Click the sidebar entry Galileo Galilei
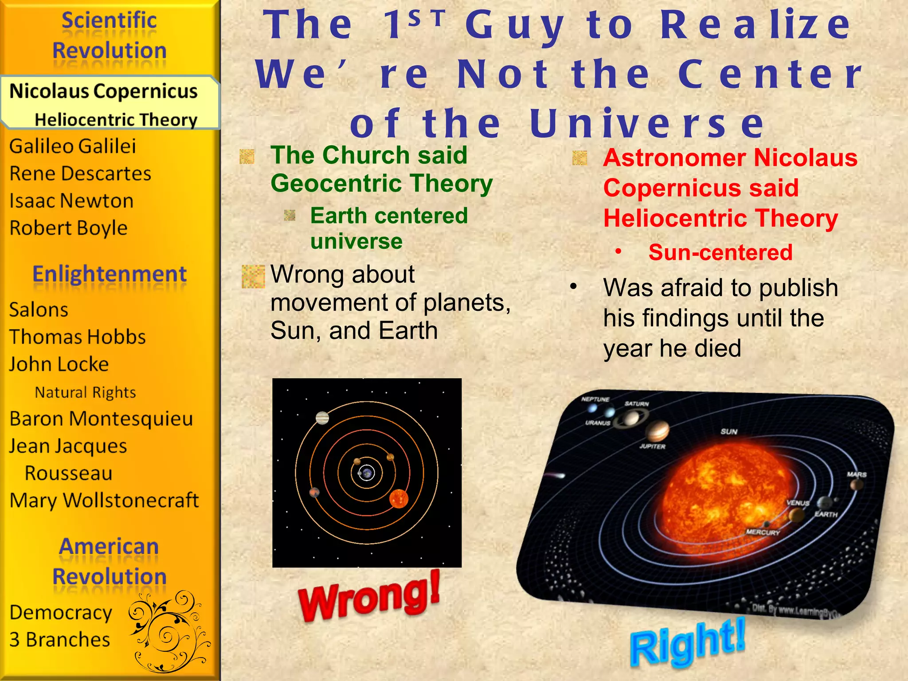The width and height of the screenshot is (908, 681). pos(73,146)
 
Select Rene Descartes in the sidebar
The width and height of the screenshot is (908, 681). pos(80,173)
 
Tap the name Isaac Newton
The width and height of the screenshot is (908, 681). pos(71,201)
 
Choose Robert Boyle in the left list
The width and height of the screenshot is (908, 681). pos(69,228)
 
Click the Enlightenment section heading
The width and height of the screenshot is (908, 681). pos(110,274)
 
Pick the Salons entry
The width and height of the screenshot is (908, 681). pos(39,309)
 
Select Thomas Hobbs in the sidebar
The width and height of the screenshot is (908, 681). pos(78,337)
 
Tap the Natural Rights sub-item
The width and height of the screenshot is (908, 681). pos(85,392)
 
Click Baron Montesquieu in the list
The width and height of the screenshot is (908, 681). pos(101,419)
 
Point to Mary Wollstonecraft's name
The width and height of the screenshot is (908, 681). pos(104,501)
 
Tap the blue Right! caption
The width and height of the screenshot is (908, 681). pos(688,642)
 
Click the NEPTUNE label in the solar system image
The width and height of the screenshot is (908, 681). pos(595,399)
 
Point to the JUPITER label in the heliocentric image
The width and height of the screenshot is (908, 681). pos(652,446)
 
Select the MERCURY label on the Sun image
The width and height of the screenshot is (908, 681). pos(763,532)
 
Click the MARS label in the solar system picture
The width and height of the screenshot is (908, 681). pos(857,474)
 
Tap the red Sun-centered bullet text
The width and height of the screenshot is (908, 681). pos(720,252)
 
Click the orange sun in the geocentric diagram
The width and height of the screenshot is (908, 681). pos(398,498)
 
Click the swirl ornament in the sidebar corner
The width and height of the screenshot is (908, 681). pos(169,631)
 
